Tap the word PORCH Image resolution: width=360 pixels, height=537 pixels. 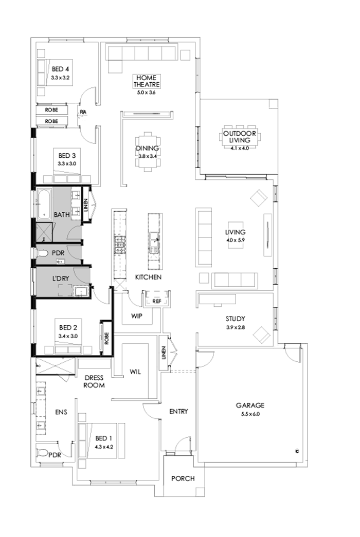point(183,478)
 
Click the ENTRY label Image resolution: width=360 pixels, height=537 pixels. point(178,411)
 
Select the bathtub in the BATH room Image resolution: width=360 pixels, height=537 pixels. point(42,204)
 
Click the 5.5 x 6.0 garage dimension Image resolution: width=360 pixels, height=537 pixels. point(251,414)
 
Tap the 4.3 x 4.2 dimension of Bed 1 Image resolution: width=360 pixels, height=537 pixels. point(103,447)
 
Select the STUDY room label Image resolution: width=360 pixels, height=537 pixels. point(235,318)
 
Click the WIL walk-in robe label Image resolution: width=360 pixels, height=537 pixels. point(135,371)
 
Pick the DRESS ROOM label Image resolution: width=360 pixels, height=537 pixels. point(94,381)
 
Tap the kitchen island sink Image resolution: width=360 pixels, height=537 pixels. point(154,237)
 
